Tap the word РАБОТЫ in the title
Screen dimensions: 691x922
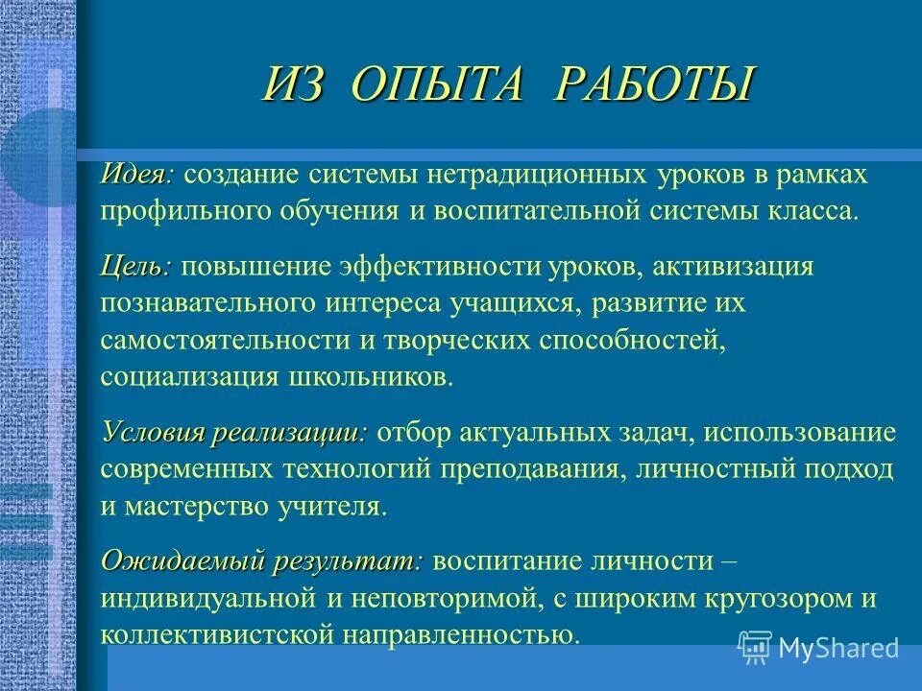click(x=653, y=84)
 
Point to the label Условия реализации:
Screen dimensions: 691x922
click(x=233, y=432)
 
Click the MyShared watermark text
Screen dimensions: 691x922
click(x=838, y=648)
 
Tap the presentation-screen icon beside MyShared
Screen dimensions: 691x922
click(x=756, y=648)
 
